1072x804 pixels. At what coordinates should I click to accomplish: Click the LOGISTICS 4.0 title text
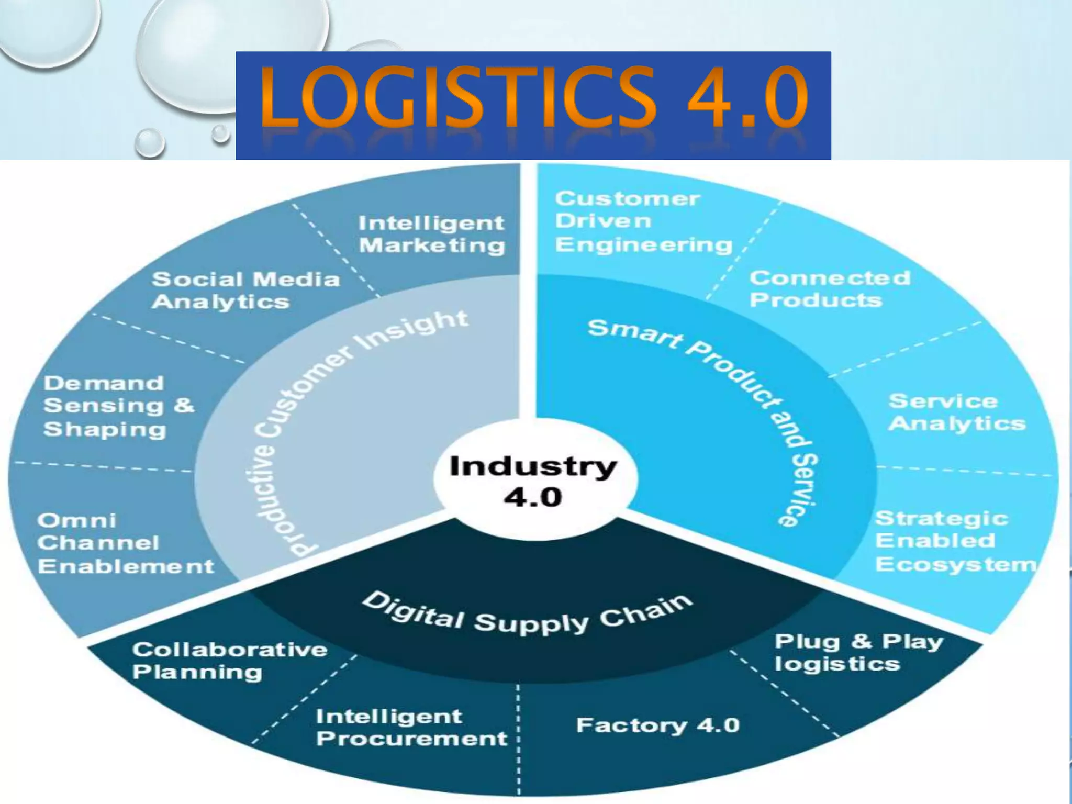[x=534, y=98]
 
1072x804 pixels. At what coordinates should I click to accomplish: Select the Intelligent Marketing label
[x=432, y=234]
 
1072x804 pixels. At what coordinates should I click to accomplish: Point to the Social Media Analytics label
[x=245, y=291]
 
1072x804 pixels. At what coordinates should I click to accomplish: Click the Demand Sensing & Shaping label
[x=118, y=406]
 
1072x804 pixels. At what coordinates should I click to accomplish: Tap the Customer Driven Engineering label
[x=643, y=221]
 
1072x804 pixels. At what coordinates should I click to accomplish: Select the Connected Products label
[x=829, y=289]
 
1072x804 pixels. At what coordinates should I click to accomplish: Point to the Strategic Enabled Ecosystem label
[x=955, y=542]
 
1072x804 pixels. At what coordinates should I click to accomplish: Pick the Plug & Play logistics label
[x=858, y=652]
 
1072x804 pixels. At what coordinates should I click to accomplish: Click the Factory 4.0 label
[x=657, y=725]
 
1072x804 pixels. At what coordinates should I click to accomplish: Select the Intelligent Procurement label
[x=411, y=728]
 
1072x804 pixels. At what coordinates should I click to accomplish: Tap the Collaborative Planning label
[x=229, y=661]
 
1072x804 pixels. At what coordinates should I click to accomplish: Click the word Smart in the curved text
[x=634, y=335]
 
